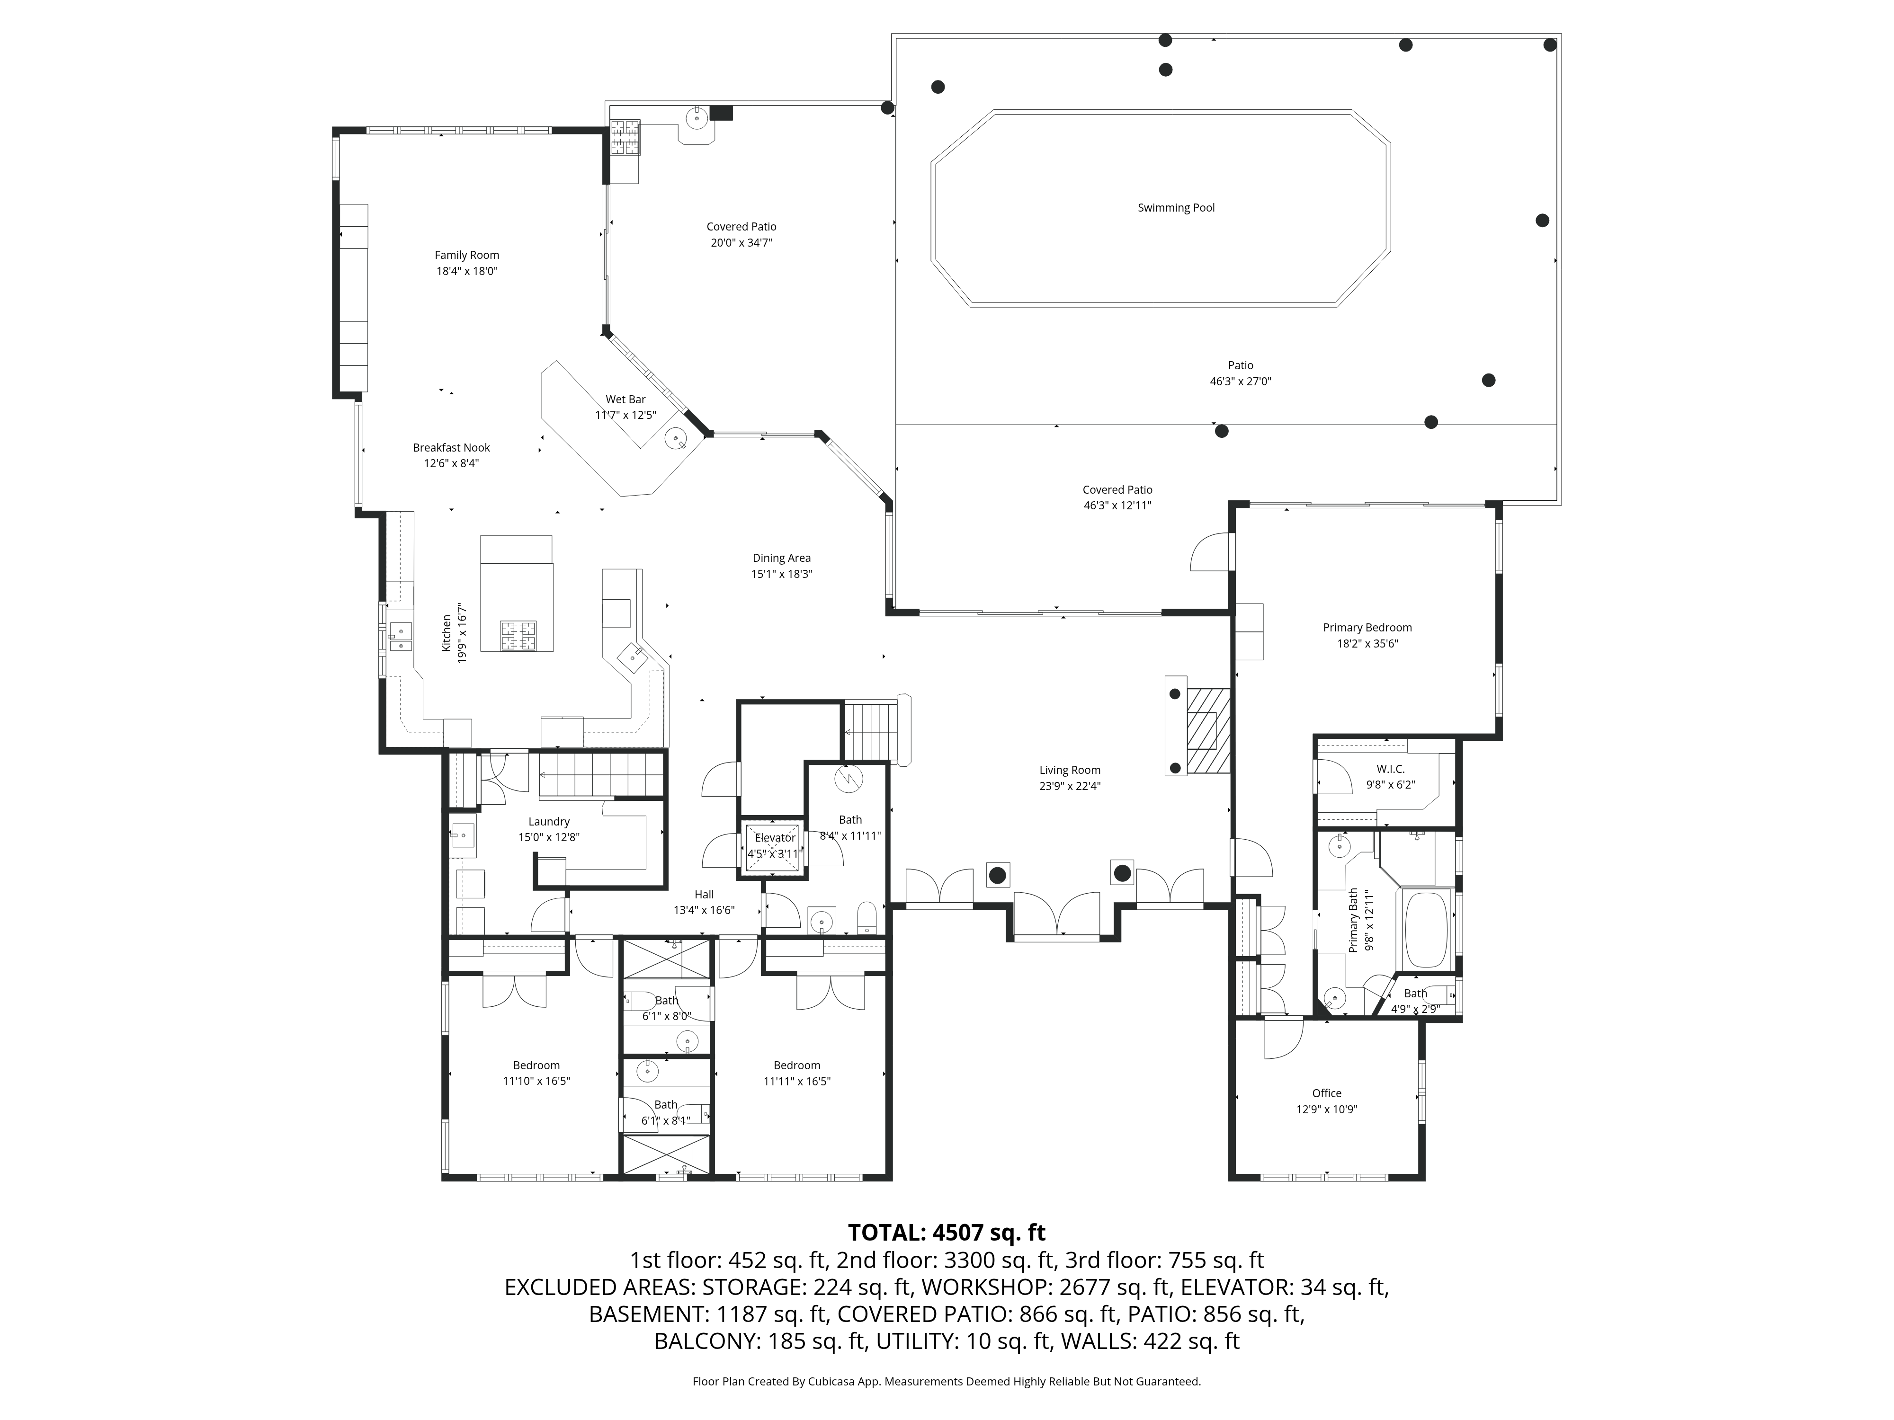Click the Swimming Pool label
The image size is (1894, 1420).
coord(1176,208)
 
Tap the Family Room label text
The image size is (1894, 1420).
coord(467,255)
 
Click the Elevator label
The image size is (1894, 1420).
coord(775,838)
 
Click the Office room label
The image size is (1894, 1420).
coord(1326,1093)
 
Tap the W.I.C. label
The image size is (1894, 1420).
coord(1391,769)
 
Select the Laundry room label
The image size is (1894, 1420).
coord(549,822)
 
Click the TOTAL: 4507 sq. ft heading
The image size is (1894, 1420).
coord(946,1233)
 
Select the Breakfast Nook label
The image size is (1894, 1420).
coord(451,448)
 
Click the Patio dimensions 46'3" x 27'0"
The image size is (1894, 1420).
coord(1240,382)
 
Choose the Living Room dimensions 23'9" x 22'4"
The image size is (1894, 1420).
coord(1070,786)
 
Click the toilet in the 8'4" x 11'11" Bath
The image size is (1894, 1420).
coord(867,918)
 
